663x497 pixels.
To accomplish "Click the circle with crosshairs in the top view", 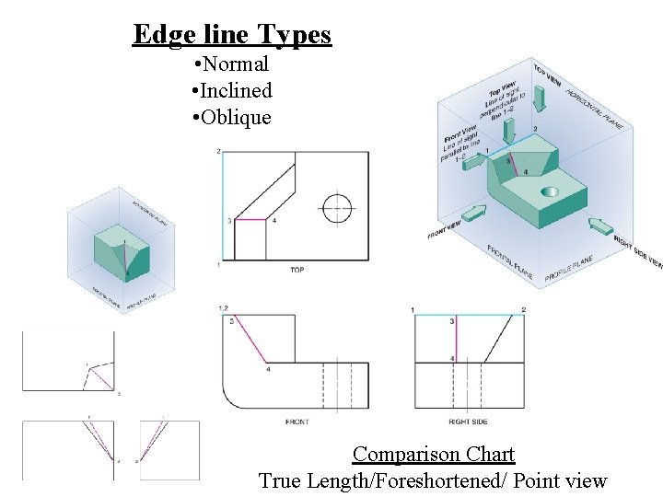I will pos(337,207).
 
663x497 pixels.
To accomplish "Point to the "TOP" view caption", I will pos(297,270).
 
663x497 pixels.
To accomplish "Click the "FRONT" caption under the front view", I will pos(297,422).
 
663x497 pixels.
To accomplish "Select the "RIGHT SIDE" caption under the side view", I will pos(466,422).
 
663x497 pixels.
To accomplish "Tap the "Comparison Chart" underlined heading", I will pos(434,455).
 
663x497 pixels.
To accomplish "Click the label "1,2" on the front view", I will pos(223,307).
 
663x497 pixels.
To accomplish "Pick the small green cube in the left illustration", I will pos(117,251).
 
